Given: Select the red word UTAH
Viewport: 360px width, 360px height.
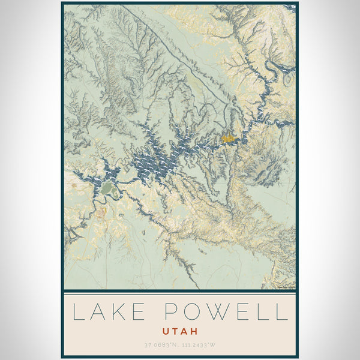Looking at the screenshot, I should [179, 331].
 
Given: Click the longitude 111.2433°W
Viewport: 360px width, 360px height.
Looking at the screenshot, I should [199, 345].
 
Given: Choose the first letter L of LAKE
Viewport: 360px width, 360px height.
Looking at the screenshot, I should [77, 312].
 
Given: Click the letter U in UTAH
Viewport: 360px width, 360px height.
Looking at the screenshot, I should [166, 331].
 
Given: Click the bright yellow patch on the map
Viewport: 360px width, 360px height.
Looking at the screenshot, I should [227, 139].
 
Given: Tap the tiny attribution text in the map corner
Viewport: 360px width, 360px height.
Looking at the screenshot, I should [285, 287].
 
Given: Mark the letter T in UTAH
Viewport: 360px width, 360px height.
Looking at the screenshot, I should [175, 331].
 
